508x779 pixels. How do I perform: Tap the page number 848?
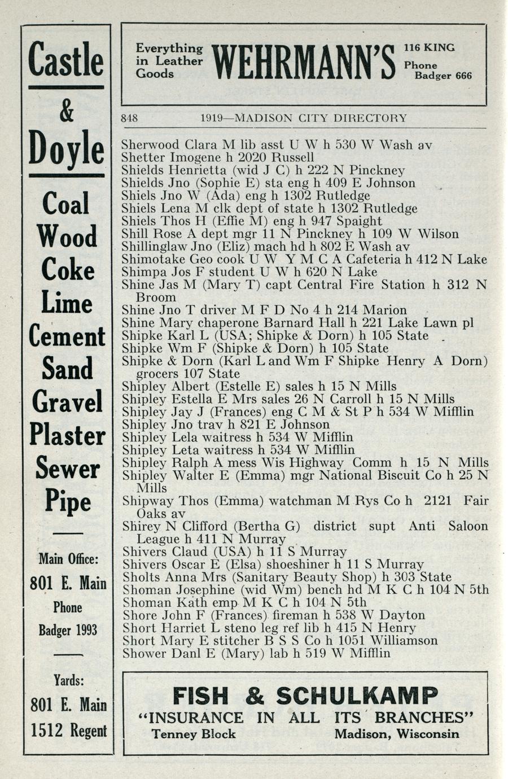pos(130,119)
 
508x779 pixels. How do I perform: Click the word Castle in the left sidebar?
pos(66,60)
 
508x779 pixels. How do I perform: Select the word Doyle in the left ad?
pos(67,148)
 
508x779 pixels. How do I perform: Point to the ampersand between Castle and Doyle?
pos(66,112)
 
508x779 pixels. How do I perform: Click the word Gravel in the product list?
pos(67,402)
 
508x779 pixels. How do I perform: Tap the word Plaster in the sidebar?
pos(67,435)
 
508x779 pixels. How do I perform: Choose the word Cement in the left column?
pos(67,337)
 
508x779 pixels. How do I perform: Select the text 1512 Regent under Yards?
pos(68,730)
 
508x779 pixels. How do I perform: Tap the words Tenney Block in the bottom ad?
pos(194,734)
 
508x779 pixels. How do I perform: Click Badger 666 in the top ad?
pos(443,76)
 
